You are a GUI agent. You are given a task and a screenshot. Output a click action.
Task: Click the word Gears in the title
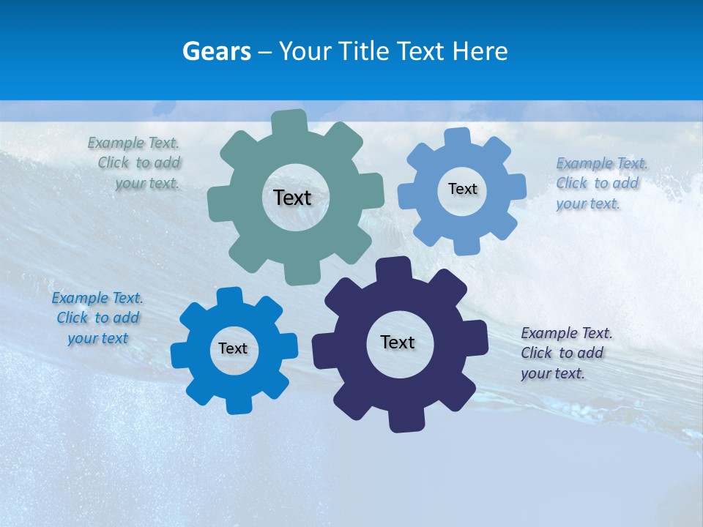coord(216,51)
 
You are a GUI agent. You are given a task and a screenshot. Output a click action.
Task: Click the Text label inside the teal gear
coord(292,198)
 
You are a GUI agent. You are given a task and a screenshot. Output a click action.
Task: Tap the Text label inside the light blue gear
coord(462,189)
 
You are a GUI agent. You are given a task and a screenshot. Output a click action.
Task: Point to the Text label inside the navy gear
coord(398,342)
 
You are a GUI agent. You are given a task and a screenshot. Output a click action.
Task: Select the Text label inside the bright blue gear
coord(233,348)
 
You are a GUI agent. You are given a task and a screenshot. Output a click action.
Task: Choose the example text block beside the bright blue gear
coord(97,318)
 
